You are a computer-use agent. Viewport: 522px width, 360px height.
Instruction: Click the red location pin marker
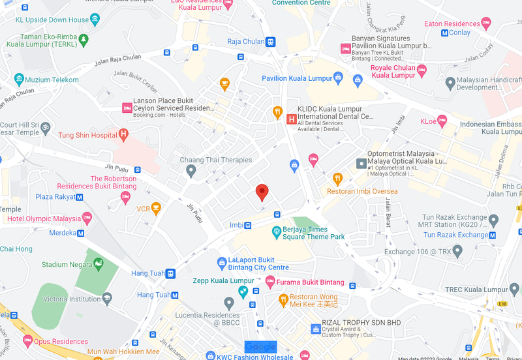tap(262, 192)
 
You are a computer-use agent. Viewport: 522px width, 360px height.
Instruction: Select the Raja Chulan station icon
tap(270, 42)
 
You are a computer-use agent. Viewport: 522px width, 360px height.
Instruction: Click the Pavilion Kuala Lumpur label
tap(297, 78)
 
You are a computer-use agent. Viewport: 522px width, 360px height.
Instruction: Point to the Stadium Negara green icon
tap(99, 264)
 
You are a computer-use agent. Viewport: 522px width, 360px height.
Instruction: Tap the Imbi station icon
tap(248, 226)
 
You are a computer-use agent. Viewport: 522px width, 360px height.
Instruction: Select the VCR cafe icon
tap(155, 209)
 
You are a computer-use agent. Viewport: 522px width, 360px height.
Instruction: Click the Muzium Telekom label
tap(52, 80)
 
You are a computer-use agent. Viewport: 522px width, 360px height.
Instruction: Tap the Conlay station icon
tap(445, 33)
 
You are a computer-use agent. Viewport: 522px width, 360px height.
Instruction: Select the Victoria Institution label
tap(65, 299)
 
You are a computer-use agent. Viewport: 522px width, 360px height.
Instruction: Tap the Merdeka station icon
tap(81, 233)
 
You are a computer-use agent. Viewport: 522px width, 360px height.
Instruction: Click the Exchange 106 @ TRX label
tap(417, 251)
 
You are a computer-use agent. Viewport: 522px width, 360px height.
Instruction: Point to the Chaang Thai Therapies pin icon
tap(191, 171)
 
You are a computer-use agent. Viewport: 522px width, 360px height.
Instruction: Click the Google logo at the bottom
tap(260, 347)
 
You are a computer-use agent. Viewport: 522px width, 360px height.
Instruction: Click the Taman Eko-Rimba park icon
tap(83, 41)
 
